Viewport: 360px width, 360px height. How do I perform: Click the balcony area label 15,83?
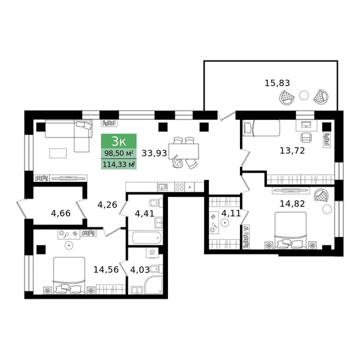[277, 83]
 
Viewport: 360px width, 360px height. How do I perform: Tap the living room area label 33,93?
[154, 153]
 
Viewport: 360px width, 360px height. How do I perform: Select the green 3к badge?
[119, 141]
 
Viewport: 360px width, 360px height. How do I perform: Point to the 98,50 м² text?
[119, 153]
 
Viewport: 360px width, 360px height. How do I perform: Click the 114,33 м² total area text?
[119, 164]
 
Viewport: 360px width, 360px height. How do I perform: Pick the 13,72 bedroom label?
[292, 151]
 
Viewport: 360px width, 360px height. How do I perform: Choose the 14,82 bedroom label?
[292, 203]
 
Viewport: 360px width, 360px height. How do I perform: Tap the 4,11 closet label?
[231, 213]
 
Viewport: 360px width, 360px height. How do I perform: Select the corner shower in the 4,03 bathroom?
[154, 285]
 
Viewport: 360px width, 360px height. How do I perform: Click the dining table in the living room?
[184, 151]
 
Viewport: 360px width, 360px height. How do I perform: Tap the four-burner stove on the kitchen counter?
[179, 187]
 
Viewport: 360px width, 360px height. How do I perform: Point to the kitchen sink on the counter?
[163, 187]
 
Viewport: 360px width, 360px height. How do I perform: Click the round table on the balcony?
[304, 95]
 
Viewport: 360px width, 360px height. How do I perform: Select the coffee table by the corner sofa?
[58, 153]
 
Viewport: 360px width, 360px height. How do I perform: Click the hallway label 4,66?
[61, 213]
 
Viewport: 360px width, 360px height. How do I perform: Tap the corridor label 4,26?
[107, 205]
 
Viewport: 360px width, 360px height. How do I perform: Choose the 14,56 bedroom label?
[106, 269]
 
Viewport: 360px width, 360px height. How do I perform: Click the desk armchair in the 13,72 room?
[306, 137]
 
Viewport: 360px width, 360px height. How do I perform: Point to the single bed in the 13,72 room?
[262, 128]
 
